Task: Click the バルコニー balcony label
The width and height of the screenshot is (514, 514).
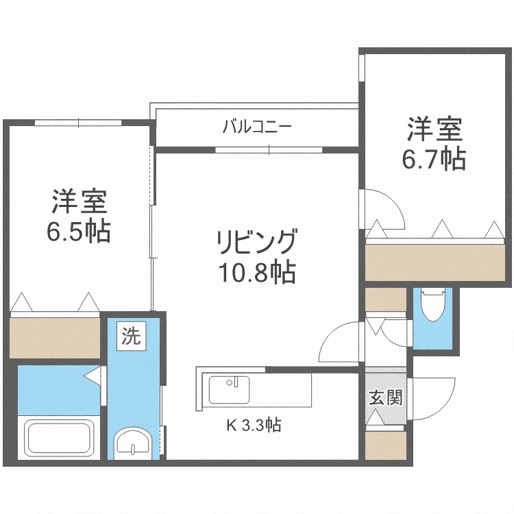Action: [x=257, y=127]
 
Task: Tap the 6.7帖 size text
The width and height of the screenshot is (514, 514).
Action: [x=434, y=159]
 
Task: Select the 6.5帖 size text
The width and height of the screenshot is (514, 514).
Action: [x=78, y=232]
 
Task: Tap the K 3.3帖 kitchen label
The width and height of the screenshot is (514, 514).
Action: [x=254, y=425]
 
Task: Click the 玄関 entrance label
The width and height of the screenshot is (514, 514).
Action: [x=385, y=397]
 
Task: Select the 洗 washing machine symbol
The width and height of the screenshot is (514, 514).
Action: [x=130, y=336]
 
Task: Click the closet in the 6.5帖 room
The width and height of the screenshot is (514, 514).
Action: [x=55, y=336]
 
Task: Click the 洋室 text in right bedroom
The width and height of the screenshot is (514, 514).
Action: [x=434, y=129]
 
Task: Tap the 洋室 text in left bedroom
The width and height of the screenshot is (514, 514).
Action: [x=78, y=202]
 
